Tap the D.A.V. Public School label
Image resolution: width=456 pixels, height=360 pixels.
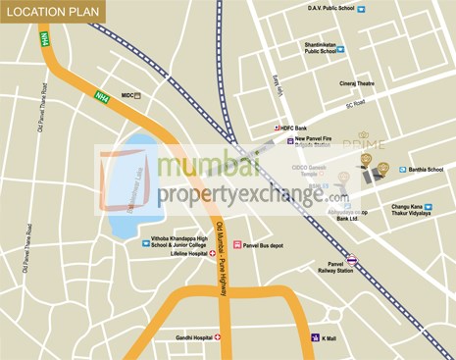click(329, 8)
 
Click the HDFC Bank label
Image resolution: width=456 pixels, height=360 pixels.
click(312, 129)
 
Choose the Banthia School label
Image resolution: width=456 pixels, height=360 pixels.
click(426, 169)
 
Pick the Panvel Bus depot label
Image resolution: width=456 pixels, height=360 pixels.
click(263, 244)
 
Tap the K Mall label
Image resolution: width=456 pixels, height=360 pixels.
click(329, 337)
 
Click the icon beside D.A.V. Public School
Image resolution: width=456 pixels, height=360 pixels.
click(361, 9)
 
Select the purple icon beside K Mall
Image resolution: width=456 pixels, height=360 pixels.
click(314, 337)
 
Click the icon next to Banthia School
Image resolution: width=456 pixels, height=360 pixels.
click(400, 169)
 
